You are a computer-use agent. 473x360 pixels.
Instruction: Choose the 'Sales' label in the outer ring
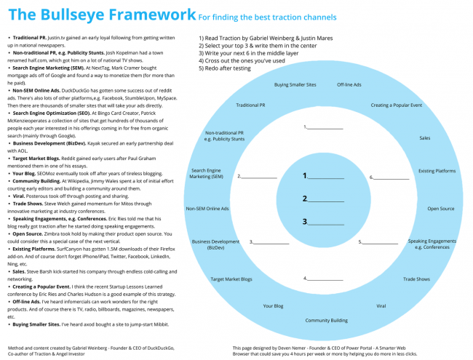(x=425, y=137)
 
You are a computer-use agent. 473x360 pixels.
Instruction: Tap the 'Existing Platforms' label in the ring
(x=436, y=171)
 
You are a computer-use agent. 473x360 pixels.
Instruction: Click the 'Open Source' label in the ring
(x=440, y=209)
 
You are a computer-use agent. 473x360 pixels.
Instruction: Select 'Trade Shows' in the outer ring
(x=417, y=279)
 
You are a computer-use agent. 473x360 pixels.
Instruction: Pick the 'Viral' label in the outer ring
(x=381, y=306)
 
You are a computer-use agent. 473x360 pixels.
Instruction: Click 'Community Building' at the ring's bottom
(x=326, y=320)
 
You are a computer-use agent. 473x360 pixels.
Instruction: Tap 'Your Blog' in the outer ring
(x=273, y=306)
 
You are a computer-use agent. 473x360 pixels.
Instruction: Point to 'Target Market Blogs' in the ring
(x=231, y=279)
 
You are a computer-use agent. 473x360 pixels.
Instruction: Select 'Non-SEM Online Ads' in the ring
(x=207, y=209)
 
